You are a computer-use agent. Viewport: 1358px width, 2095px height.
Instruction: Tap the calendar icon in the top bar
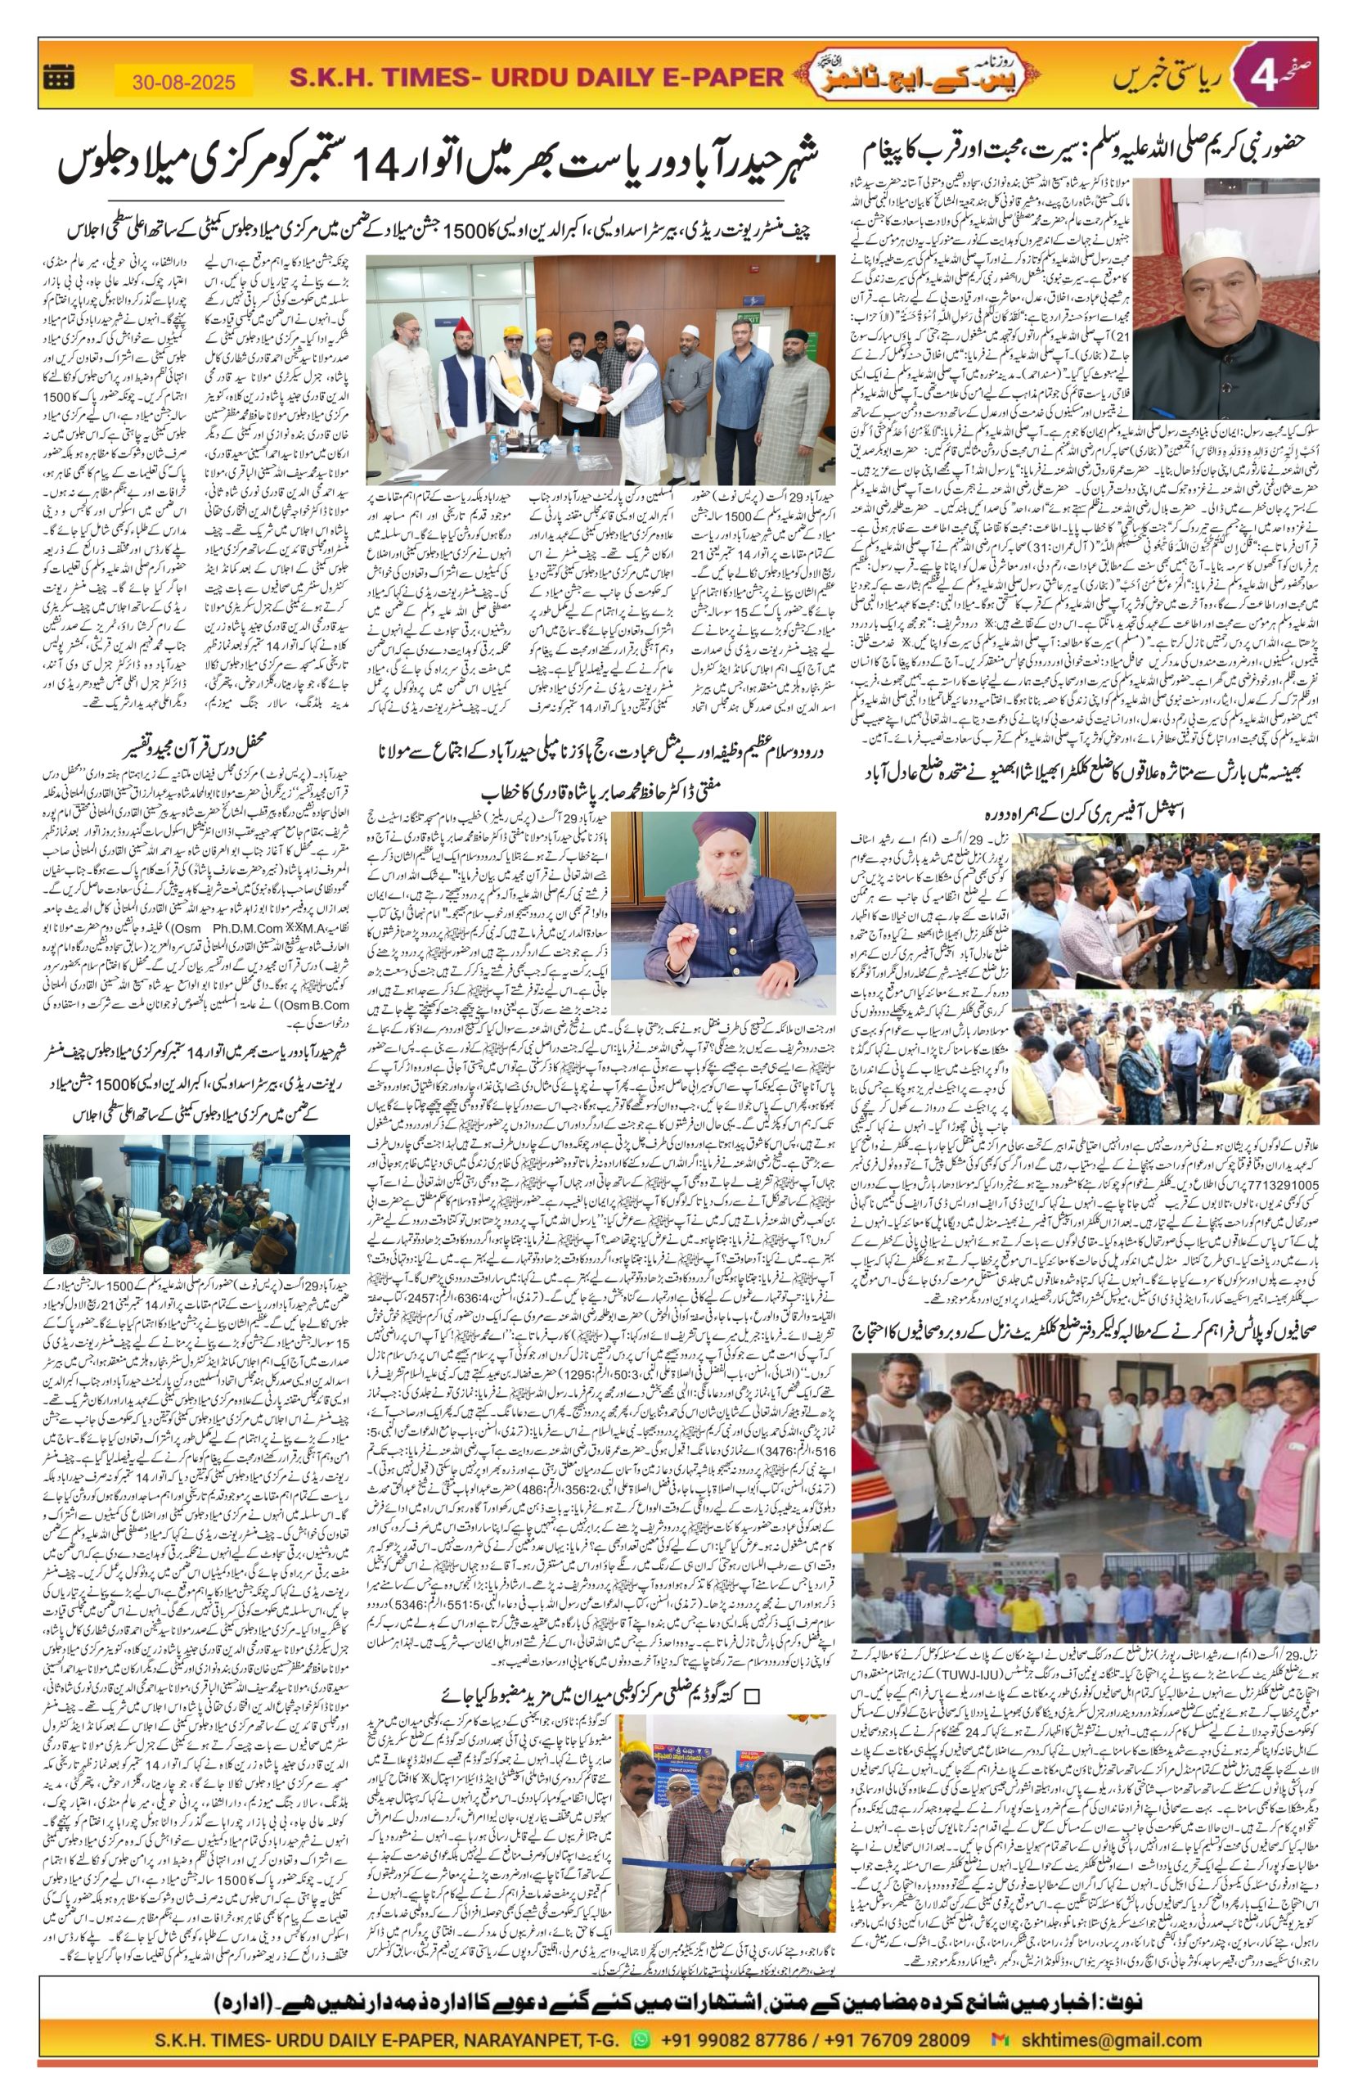coord(59,78)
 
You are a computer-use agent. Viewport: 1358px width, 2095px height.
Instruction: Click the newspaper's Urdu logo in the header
coord(888,78)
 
